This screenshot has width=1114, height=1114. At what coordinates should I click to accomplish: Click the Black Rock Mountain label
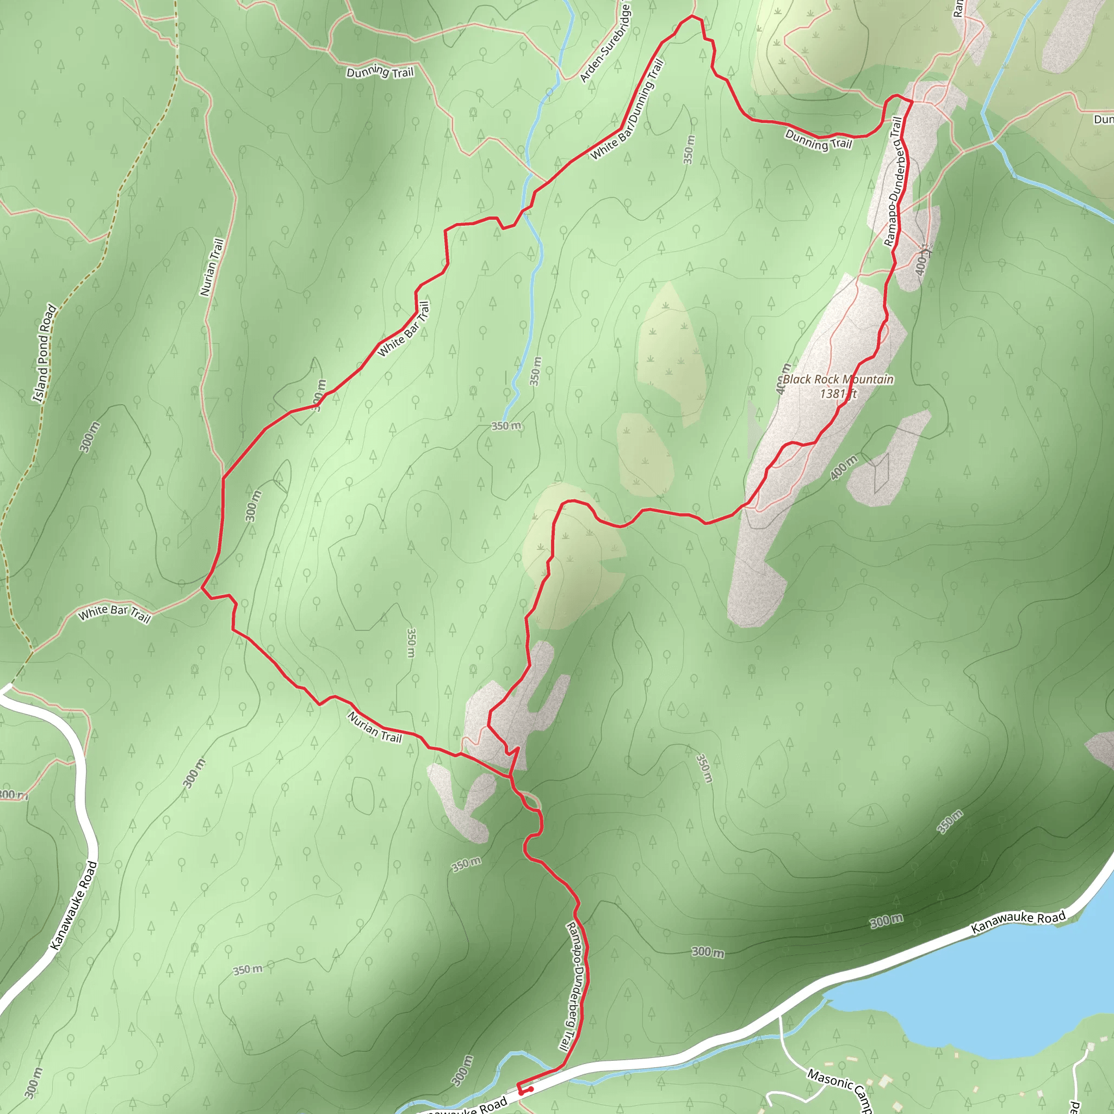pyautogui.click(x=838, y=380)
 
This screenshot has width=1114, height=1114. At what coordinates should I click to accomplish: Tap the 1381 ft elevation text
pyautogui.click(x=838, y=394)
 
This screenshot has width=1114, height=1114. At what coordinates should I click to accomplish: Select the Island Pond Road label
pyautogui.click(x=45, y=353)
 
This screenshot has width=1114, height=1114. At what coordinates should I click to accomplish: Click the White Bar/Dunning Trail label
pyautogui.click(x=627, y=109)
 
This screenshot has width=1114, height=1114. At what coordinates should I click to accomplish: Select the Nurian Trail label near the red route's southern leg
pyautogui.click(x=375, y=727)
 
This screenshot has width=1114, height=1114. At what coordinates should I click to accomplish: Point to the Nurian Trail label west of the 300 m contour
pyautogui.click(x=212, y=267)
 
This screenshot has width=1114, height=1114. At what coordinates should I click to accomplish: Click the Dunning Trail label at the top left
pyautogui.click(x=380, y=72)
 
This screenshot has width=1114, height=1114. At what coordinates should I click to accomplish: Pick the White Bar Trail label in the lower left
pyautogui.click(x=114, y=614)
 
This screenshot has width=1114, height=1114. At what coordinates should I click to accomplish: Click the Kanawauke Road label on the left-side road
pyautogui.click(x=74, y=905)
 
